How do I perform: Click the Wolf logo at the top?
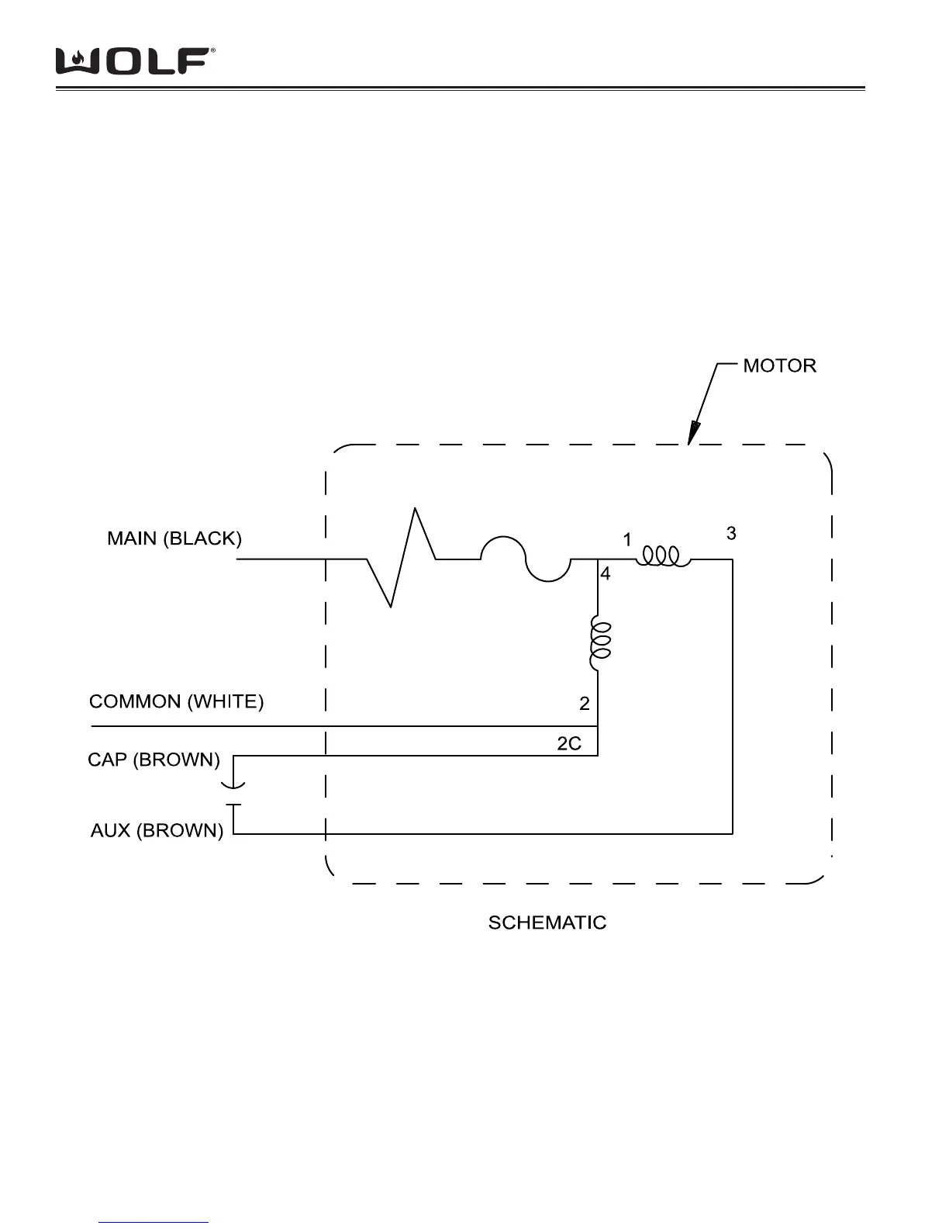coord(134,61)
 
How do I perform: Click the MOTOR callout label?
coord(779,365)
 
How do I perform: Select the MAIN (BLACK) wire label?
coord(174,538)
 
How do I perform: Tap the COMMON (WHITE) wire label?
coord(176,701)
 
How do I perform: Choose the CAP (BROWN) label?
coord(154,760)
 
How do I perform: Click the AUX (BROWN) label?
coord(157,831)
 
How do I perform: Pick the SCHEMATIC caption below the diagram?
coord(547,923)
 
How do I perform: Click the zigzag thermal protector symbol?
coord(402,558)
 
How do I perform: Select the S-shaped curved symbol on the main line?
coord(526,559)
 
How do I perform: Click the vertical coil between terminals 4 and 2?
coord(599,643)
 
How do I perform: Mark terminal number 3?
coord(730,534)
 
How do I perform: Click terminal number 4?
coord(606,574)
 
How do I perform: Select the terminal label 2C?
coord(568,743)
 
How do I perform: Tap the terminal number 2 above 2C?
coord(584,704)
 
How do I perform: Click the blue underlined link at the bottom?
coord(154,1222)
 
